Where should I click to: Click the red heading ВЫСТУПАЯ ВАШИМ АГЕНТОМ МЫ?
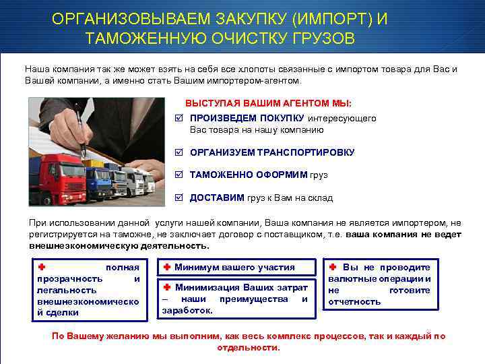tap(268, 104)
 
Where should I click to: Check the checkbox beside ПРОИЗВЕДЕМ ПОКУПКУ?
tap(178, 119)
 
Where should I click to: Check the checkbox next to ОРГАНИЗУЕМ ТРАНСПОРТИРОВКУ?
tap(178, 152)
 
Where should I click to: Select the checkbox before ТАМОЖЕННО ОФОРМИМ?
tap(178, 175)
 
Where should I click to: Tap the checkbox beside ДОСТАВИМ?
tap(178, 198)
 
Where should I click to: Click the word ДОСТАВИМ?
tap(217, 198)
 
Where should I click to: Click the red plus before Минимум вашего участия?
tap(167, 267)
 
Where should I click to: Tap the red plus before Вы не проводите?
tap(333, 267)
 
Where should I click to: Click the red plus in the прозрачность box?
tap(42, 267)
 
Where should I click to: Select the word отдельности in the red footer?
tap(247, 348)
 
